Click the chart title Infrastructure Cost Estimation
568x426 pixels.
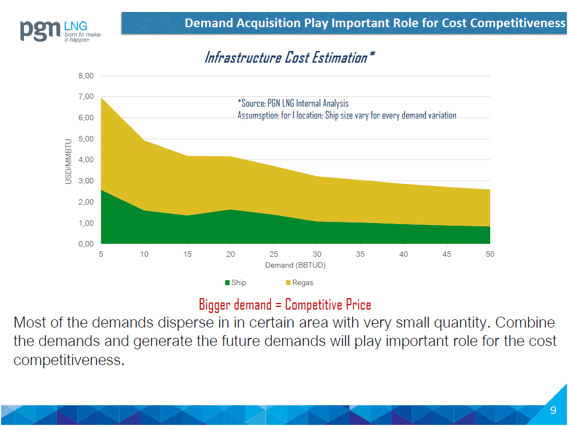point(289,57)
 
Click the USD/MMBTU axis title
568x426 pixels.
point(69,160)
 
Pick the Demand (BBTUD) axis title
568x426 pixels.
point(295,266)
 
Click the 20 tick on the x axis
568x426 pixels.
point(231,255)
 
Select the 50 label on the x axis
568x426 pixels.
point(490,255)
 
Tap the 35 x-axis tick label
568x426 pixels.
point(360,255)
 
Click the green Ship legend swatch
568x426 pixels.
point(227,283)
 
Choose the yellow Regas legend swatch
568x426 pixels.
point(288,283)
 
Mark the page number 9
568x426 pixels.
point(553,411)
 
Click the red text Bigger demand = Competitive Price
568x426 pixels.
point(285,304)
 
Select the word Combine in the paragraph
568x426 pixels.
point(526,323)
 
